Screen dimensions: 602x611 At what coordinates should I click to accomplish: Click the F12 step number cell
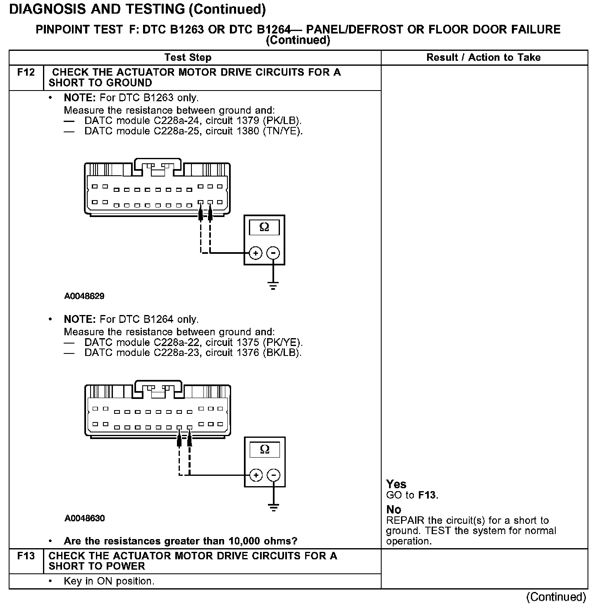[x=26, y=73]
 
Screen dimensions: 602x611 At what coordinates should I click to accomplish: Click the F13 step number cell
[x=26, y=556]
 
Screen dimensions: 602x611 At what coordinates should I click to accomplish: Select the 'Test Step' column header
[x=188, y=57]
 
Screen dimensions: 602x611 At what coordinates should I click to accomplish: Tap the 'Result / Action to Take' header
[x=483, y=57]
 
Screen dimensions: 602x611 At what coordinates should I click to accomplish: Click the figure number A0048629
[x=84, y=296]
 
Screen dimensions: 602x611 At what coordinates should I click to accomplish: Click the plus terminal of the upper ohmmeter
[x=256, y=253]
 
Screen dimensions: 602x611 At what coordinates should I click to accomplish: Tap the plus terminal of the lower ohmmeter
[x=256, y=475]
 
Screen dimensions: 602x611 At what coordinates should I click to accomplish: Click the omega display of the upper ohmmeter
[x=264, y=227]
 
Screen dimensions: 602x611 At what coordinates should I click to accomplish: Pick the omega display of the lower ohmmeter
[x=265, y=449]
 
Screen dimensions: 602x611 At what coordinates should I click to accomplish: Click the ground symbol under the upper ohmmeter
[x=273, y=285]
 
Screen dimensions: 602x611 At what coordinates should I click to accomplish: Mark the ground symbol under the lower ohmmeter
[x=273, y=508]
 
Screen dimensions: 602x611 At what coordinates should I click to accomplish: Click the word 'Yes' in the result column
[x=396, y=484]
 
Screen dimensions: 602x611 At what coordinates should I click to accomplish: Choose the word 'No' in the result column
[x=394, y=509]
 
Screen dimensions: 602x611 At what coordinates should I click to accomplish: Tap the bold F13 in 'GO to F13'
[x=428, y=495]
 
